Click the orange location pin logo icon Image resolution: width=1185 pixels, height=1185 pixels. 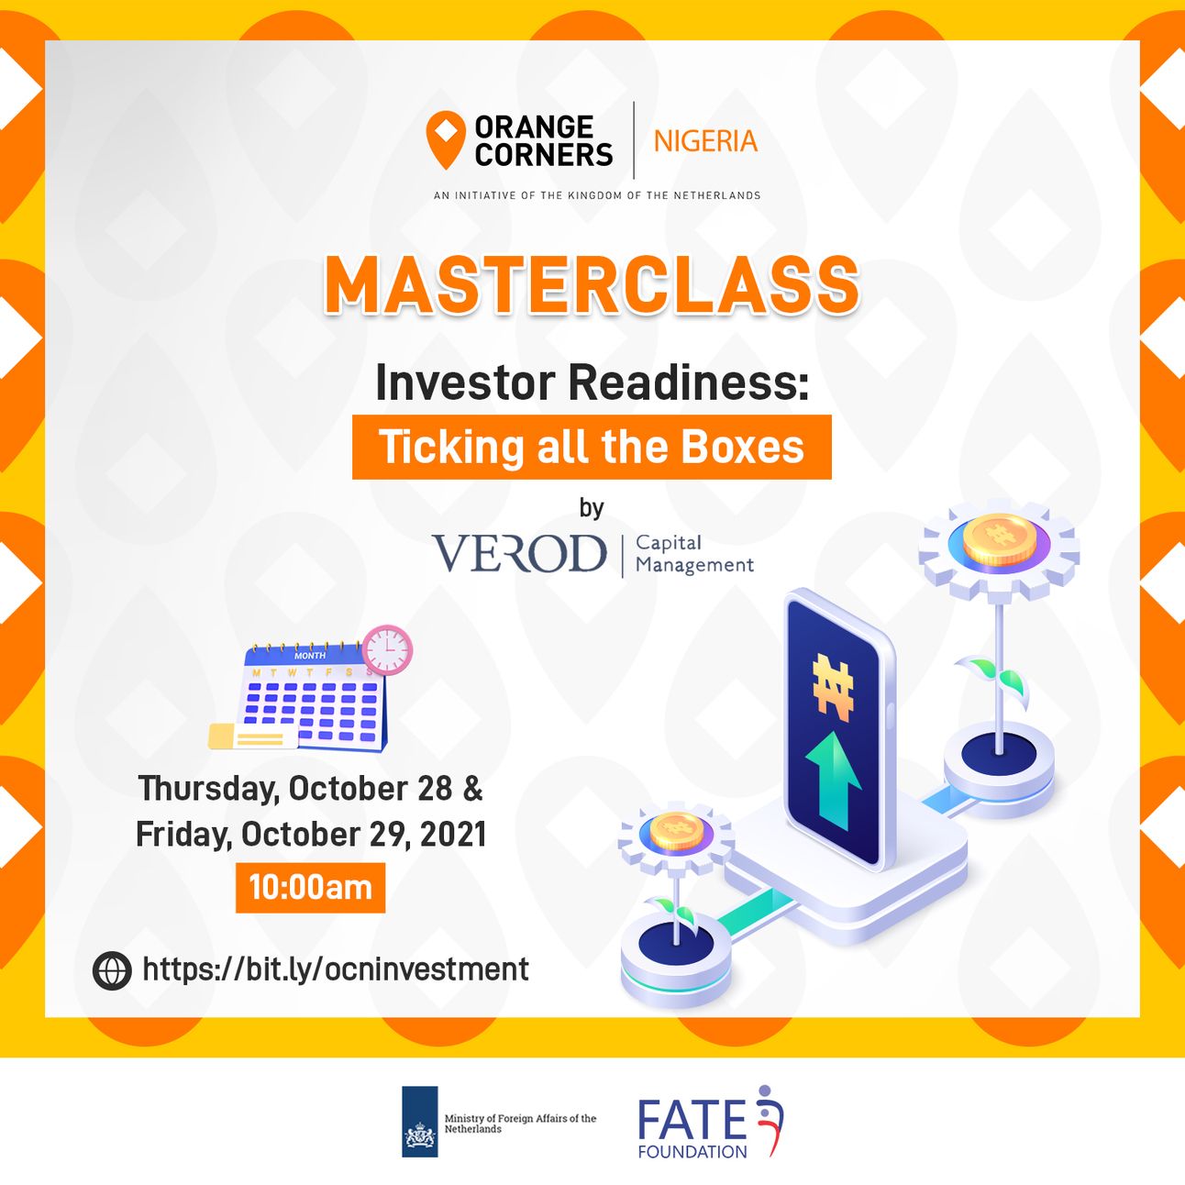click(x=445, y=139)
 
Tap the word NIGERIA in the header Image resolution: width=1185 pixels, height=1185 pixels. click(x=705, y=141)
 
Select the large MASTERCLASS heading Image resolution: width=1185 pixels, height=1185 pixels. click(x=592, y=286)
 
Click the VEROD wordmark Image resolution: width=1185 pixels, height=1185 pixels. click(x=519, y=553)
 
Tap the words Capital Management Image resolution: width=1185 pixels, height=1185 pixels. click(x=694, y=554)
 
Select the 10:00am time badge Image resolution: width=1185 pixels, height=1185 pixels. click(x=311, y=888)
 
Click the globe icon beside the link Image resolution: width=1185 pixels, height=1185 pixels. click(x=112, y=970)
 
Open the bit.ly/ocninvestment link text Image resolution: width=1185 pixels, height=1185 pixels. click(x=336, y=969)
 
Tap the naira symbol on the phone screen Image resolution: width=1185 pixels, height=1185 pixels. click(x=833, y=687)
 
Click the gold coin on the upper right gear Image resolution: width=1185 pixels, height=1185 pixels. click(x=999, y=540)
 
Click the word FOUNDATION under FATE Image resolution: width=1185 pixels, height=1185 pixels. click(x=692, y=1151)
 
